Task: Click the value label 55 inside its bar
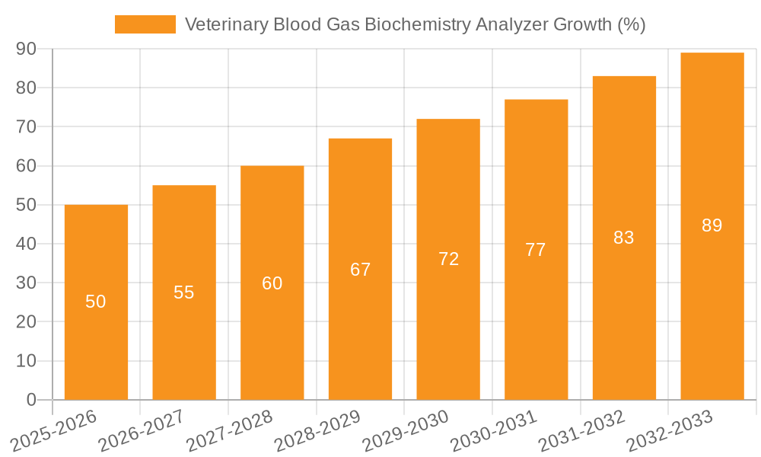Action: (184, 292)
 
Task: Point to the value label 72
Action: (449, 259)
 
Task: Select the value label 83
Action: (624, 238)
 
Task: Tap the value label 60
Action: (272, 283)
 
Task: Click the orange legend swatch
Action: (145, 24)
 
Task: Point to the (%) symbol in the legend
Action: (631, 24)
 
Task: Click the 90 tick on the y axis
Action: (26, 49)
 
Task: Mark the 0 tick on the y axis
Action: (31, 400)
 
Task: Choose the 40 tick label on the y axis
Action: (26, 244)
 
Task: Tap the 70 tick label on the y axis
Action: (26, 126)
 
